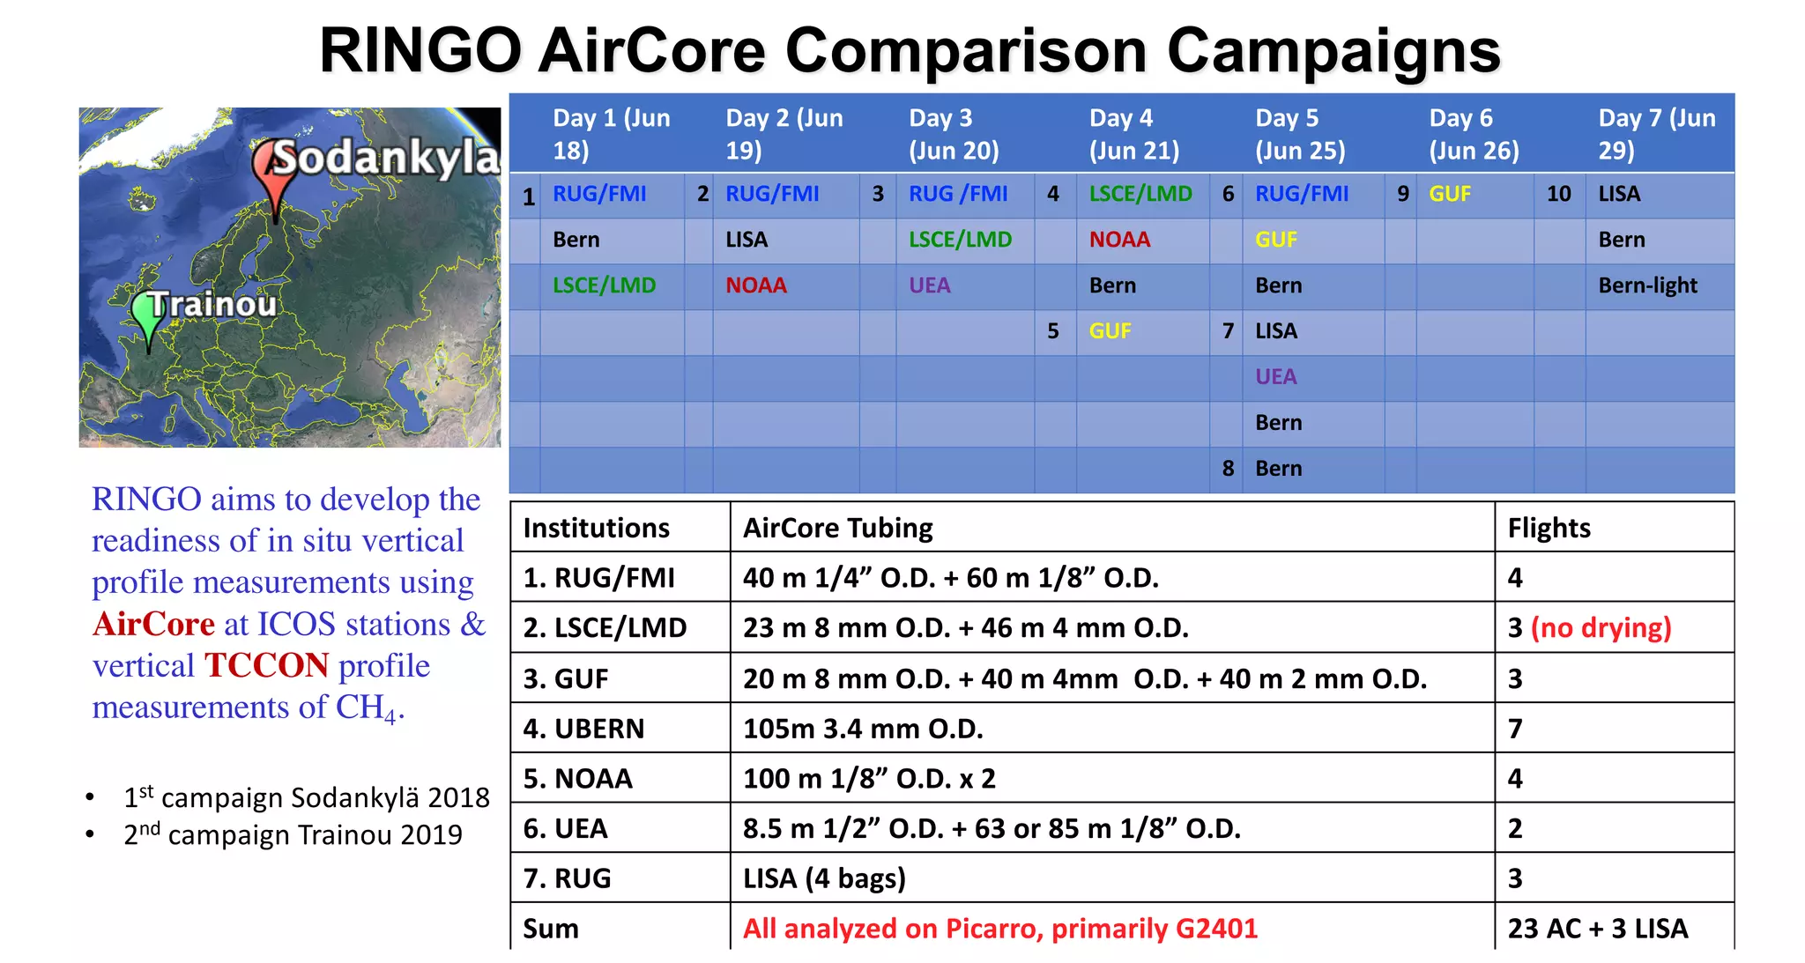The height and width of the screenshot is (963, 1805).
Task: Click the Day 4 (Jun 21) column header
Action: [x=1133, y=134]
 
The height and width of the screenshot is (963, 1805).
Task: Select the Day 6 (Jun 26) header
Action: [x=1474, y=134]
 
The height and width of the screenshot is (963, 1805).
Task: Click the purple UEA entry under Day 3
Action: [x=930, y=285]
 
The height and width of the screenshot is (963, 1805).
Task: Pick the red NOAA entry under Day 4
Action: [x=1119, y=240]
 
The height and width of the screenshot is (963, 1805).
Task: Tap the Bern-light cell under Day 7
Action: [x=1647, y=285]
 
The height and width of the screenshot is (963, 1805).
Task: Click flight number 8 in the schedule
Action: [x=1228, y=469]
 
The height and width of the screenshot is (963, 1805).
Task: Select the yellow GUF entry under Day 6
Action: [x=1450, y=194]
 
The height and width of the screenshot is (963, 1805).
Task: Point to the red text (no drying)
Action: [x=1601, y=628]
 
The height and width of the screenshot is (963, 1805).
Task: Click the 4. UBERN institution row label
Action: [x=583, y=729]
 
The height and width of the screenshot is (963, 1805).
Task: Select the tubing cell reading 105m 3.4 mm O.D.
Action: [x=863, y=729]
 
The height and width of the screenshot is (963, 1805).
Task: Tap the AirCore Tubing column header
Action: [x=837, y=528]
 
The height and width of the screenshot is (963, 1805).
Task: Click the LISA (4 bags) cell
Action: [x=824, y=878]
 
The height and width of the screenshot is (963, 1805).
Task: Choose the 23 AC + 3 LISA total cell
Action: [x=1597, y=929]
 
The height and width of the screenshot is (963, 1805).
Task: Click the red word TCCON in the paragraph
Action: [x=267, y=666]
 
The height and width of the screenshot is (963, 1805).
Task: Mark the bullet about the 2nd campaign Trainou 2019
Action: [x=293, y=834]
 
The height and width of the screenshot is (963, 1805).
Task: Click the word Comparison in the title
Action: [x=965, y=51]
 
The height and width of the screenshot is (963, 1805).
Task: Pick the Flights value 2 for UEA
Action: [x=1515, y=829]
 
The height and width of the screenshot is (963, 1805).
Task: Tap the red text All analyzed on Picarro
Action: [x=999, y=929]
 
